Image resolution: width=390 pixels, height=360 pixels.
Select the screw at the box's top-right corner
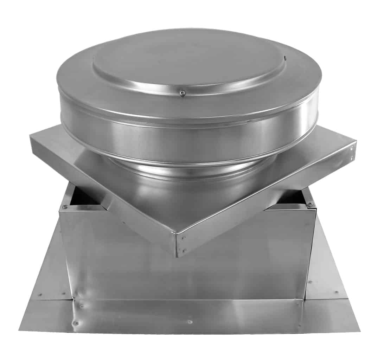(310, 204)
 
